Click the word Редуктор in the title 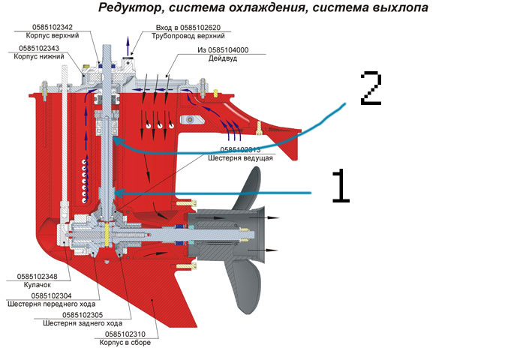click(131, 10)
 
